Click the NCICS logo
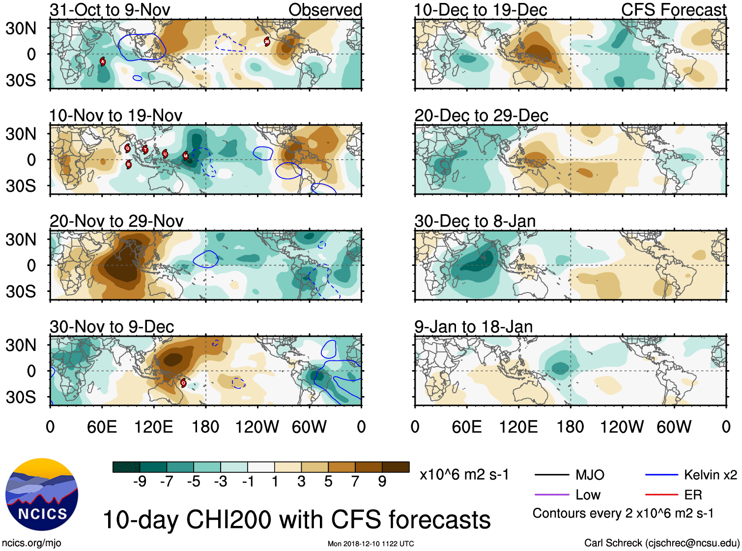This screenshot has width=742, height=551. [x=42, y=494]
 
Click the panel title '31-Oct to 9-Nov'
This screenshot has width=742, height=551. [x=110, y=10]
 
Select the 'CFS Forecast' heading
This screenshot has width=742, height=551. [x=673, y=10]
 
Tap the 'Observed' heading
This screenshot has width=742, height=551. [x=325, y=10]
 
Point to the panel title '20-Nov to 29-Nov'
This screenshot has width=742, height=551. [x=116, y=221]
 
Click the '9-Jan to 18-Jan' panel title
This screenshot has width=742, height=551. [x=473, y=327]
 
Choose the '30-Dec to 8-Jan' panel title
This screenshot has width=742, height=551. [x=475, y=221]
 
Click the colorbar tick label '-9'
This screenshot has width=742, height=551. [x=140, y=481]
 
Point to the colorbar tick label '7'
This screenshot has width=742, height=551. [x=355, y=481]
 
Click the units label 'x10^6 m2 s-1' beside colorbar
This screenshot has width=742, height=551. [x=464, y=475]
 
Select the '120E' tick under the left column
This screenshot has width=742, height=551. [x=154, y=427]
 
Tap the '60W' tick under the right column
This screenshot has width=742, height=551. [x=674, y=427]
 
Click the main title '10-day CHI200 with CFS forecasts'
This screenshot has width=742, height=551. [x=296, y=520]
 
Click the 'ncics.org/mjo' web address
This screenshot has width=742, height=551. [x=31, y=543]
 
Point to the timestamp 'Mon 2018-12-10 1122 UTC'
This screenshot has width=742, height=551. [x=371, y=544]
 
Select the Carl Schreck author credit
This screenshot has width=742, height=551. [x=661, y=543]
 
